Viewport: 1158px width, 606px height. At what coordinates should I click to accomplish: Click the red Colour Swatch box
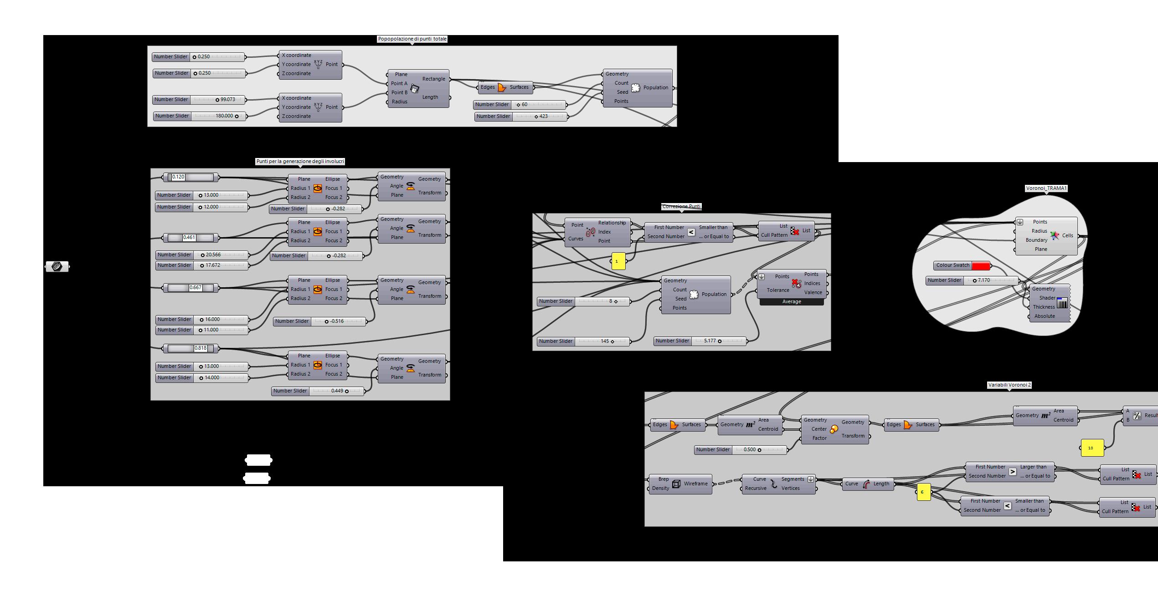[x=980, y=265]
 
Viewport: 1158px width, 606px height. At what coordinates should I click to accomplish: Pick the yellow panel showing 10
[x=1092, y=448]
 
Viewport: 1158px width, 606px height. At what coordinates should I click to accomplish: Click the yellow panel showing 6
[x=923, y=492]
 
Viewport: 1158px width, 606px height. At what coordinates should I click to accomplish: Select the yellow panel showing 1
[x=618, y=261]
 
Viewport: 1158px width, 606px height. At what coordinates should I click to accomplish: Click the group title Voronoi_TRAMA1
[x=1046, y=188]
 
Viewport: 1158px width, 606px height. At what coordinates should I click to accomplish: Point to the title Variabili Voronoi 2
[x=1009, y=385]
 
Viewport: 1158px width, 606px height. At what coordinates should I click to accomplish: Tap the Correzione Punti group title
[x=681, y=206]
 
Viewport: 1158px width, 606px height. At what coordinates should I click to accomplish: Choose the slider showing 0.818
[x=191, y=348]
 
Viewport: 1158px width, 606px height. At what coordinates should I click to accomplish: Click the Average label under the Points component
[x=791, y=302]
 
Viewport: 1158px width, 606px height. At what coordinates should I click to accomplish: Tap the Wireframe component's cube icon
[x=676, y=484]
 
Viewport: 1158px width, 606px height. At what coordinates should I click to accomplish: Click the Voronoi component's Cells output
[x=1067, y=235]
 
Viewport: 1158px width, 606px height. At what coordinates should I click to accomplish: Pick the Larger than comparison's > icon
[x=1012, y=472]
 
